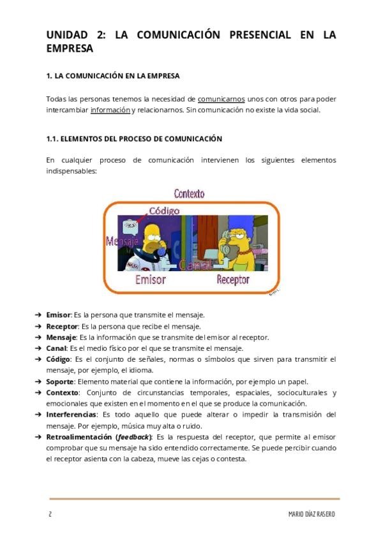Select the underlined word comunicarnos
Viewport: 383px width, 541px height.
pyautogui.click(x=221, y=99)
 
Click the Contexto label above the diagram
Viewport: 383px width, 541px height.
pyautogui.click(x=189, y=193)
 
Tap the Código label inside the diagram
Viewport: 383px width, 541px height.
pyautogui.click(x=164, y=211)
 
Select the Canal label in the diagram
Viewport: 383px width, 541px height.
pyautogui.click(x=195, y=264)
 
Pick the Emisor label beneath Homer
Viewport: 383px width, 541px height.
pyautogui.click(x=150, y=279)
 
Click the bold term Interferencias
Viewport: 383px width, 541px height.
pyautogui.click(x=71, y=415)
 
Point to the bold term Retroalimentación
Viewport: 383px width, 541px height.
pyautogui.click(x=79, y=437)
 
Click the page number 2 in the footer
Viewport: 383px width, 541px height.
pyautogui.click(x=49, y=514)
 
